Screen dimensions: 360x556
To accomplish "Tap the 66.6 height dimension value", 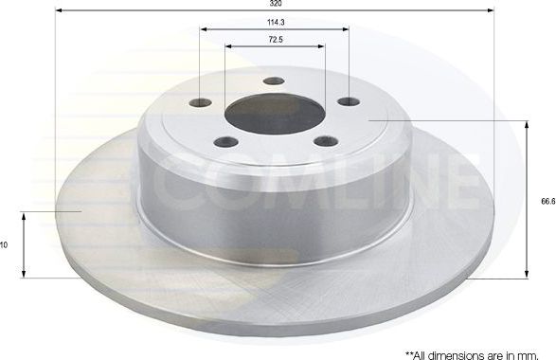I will pos(547,201).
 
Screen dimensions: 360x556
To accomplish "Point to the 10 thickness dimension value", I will pos(5,244).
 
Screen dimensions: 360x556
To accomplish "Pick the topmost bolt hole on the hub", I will pos(274,81).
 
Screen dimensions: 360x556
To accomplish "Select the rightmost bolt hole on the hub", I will pos(348,102).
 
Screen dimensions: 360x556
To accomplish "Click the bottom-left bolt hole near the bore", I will pos(225,142).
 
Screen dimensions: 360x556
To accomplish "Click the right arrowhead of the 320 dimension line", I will pos(490,10).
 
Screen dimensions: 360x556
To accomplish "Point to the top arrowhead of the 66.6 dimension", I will pos(527,124).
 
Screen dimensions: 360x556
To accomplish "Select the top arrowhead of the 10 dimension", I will pos(24,215).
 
